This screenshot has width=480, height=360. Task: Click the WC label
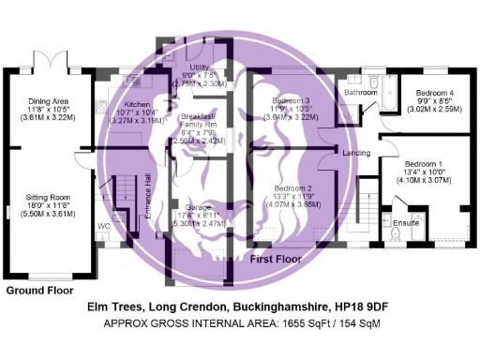pyautogui.click(x=102, y=226)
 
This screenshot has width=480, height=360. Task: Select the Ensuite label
pyautogui.click(x=405, y=222)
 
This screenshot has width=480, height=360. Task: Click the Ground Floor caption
pyautogui.click(x=39, y=291)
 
